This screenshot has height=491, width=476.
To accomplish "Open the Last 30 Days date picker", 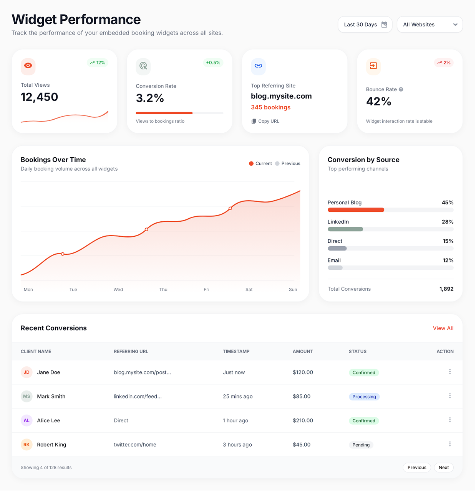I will pos(365,25).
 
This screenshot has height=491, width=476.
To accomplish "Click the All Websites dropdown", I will pos(430,25).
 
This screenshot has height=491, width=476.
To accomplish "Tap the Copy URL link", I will pos(265,121).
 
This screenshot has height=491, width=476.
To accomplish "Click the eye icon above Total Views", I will pos(28,66).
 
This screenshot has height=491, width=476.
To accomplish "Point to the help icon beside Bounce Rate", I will pos(401,89).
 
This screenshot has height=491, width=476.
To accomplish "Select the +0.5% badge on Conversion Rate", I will pos(213,63).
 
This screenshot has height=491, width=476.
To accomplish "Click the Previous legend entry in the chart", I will pos(288,163).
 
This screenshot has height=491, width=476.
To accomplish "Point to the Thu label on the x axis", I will pos(163,290).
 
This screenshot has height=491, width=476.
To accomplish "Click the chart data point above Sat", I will pos(231,208).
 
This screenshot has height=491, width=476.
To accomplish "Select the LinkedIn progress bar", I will pos(390,229).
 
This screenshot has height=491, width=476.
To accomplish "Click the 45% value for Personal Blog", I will pos(447,203).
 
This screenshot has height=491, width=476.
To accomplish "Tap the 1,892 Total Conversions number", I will pos(446,289).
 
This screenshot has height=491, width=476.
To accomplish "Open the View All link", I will pos(443,328).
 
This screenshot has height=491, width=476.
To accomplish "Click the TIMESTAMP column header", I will pos(236,351).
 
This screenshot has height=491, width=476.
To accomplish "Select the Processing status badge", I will pos(364,397).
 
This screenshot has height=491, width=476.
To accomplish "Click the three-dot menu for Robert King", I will pos(450,444).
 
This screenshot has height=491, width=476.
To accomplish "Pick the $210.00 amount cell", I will pos(303,420).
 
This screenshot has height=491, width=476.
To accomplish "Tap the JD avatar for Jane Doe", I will pos(27,372).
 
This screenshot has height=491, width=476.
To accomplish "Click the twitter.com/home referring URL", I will pos(135,445).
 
